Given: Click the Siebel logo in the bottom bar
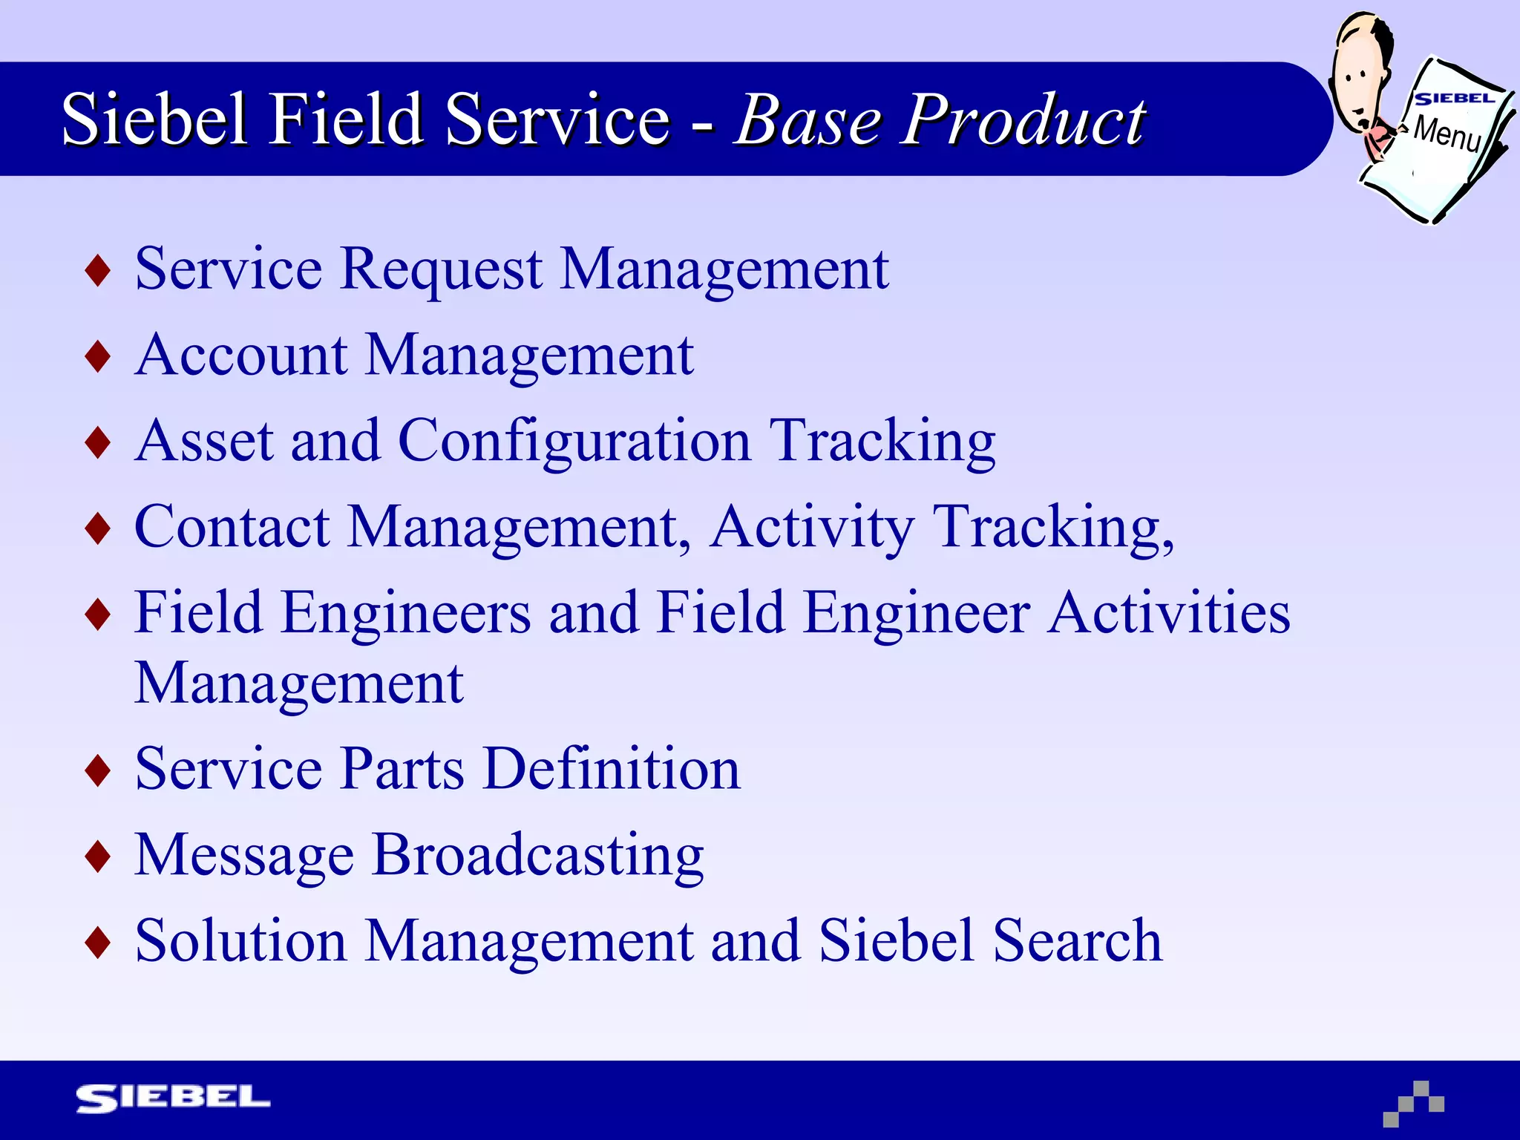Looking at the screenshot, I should pos(173,1098).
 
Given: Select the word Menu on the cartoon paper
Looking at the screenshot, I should pos(1447,134).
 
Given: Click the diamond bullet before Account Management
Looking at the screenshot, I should pos(98,356).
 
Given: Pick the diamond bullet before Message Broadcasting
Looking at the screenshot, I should pos(98,856).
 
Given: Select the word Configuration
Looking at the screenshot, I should pos(574,441).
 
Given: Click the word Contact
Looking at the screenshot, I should pos(232,527).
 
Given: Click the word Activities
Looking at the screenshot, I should pos(1169,613).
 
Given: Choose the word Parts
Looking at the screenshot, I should pos(402,769).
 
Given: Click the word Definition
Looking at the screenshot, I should pos(612,769).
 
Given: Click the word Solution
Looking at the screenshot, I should pos(240,941).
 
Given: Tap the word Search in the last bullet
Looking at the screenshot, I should pos(1077,941).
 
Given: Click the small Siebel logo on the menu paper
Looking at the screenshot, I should pos(1454,99).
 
